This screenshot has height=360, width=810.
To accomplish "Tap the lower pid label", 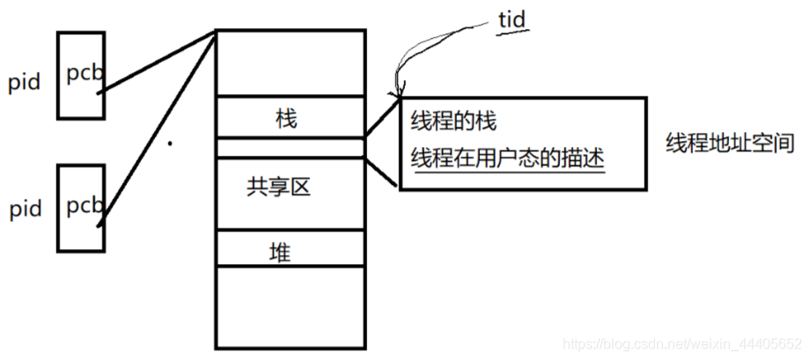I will [25, 210].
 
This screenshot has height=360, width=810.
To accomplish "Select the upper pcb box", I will [81, 76].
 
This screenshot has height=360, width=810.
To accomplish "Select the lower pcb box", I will [81, 207].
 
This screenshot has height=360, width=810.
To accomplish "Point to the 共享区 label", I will [280, 186].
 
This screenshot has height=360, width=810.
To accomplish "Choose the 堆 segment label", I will [280, 254].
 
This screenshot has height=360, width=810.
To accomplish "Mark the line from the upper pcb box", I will [158, 61].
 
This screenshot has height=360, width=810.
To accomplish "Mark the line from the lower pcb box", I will [158, 128].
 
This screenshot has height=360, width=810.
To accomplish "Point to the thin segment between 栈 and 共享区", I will [290, 147].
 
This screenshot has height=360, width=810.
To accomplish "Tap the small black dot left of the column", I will [170, 143].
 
